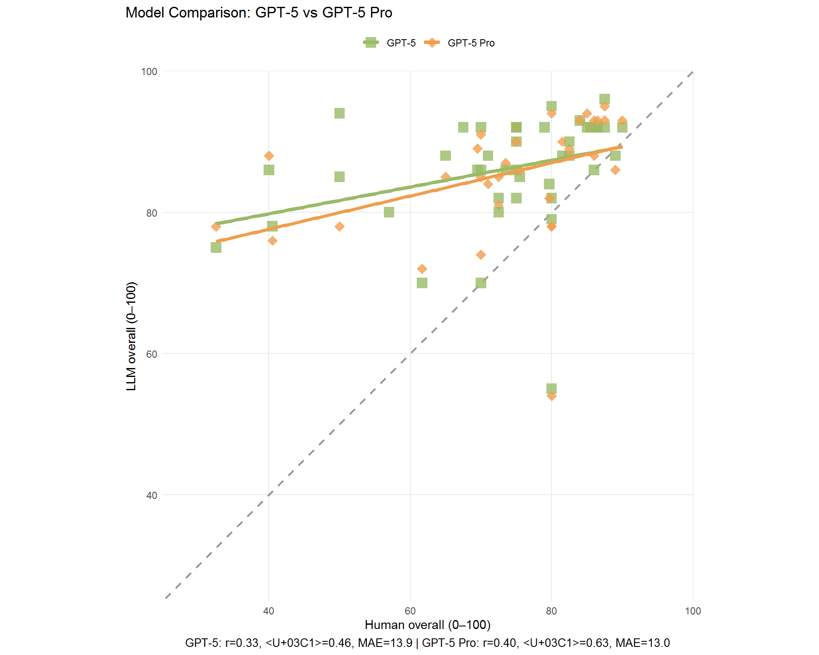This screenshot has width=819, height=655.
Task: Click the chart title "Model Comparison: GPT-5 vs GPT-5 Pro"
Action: click(258, 13)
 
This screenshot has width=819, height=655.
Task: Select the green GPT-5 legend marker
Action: click(371, 43)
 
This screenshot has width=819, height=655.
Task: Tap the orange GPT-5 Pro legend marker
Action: click(432, 43)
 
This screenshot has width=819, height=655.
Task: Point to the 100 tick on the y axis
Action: click(149, 72)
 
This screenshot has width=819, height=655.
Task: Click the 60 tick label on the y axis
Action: click(151, 354)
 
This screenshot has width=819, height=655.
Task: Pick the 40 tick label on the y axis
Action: click(151, 496)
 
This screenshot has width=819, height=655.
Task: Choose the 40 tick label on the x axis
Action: click(269, 611)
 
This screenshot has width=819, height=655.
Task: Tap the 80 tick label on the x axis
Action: click(552, 611)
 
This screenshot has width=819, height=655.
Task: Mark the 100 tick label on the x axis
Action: click(693, 611)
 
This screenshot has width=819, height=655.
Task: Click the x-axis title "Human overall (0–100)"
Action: click(427, 625)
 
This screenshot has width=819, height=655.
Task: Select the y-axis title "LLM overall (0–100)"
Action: click(131, 336)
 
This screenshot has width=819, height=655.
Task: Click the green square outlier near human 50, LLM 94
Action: click(340, 113)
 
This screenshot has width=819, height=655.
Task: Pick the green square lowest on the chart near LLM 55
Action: click(552, 388)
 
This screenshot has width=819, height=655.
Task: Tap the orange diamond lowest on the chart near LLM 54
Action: click(552, 396)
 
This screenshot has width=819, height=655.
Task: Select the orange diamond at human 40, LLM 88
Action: click(269, 156)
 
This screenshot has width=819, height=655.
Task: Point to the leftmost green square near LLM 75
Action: click(216, 247)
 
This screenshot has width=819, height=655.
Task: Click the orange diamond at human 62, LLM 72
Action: click(422, 269)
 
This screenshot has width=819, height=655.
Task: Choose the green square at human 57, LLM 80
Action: click(389, 212)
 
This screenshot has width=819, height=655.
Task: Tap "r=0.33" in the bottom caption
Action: click(244, 643)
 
